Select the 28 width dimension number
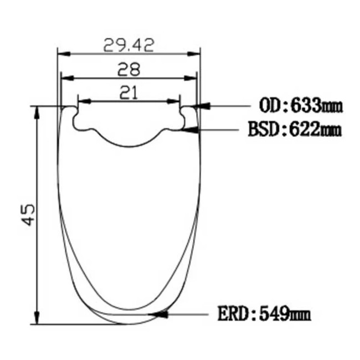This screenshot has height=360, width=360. point(128,70)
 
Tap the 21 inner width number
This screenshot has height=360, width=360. point(128,94)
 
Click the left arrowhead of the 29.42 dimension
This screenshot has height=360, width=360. point(63,54)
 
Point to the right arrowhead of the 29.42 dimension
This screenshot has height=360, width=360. point(194,54)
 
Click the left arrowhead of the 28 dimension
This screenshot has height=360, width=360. point(66,78)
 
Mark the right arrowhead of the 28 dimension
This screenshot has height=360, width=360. point(191,78)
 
